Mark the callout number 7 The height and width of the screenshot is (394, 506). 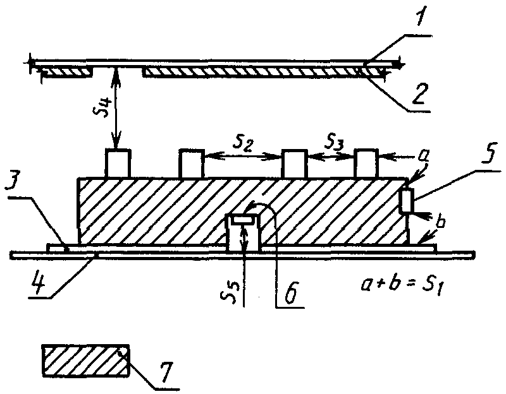pyautogui.click(x=166, y=373)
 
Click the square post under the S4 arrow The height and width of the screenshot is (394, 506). pyautogui.click(x=118, y=164)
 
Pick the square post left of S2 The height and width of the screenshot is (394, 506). pyautogui.click(x=192, y=164)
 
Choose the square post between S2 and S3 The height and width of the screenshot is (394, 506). pyautogui.click(x=293, y=164)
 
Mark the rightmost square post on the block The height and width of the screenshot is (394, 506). pyautogui.click(x=366, y=164)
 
